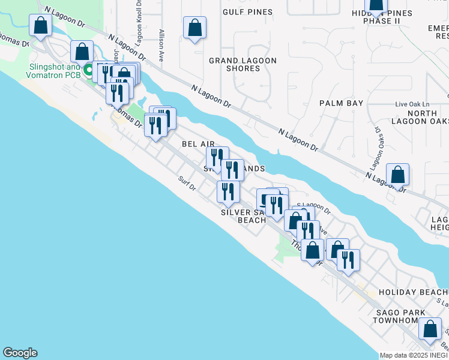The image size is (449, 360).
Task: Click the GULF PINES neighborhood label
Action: point(247,12)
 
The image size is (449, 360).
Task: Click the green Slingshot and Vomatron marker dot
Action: point(88,71)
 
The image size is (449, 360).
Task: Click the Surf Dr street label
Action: point(187,184)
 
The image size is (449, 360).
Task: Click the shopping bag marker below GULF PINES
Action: point(194,28)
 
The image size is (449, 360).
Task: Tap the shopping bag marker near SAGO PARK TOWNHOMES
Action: point(430,329)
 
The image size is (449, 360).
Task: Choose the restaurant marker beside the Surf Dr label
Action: point(228,191)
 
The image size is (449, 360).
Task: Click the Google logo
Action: point(20,353)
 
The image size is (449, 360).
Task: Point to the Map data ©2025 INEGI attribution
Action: point(414,355)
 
